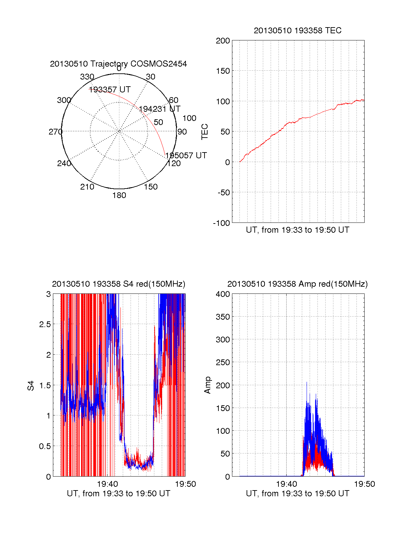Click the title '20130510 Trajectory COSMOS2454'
point(118,64)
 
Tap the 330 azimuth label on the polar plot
point(87,77)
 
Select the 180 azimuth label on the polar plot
point(119,195)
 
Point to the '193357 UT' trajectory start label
point(110,90)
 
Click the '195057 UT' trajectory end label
point(186,156)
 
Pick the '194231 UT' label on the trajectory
point(159,109)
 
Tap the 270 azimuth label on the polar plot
point(55,132)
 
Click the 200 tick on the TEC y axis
point(223,41)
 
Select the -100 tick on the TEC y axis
point(221,223)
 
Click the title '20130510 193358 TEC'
point(297,31)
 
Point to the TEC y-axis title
point(205,132)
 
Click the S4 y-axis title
point(31,386)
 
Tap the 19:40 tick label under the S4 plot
point(108,484)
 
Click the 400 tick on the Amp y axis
point(223,294)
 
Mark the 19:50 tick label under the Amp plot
point(364,484)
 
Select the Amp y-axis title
point(208,385)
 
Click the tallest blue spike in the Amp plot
point(307,382)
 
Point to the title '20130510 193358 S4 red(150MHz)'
point(118,284)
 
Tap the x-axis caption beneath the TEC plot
point(297,230)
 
